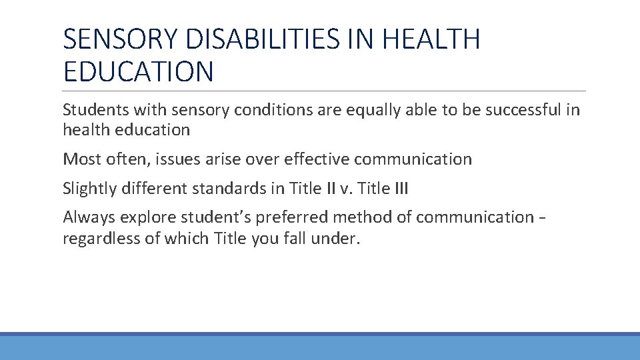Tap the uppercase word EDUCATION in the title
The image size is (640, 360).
click(139, 71)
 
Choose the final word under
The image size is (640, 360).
click(341, 239)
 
